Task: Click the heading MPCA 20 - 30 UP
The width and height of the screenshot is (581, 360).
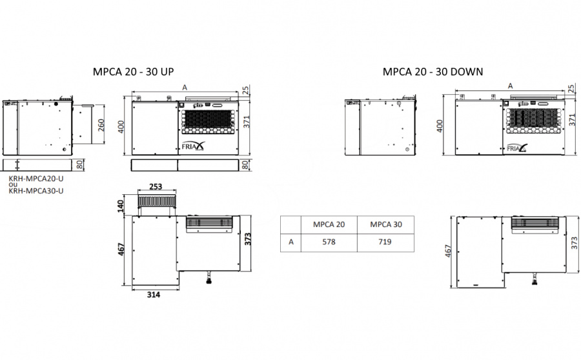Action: click(x=133, y=72)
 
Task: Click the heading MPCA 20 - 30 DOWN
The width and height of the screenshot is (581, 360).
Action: click(x=433, y=72)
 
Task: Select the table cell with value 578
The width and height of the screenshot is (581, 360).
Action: click(x=329, y=242)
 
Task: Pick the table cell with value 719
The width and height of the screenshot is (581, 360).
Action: click(x=385, y=242)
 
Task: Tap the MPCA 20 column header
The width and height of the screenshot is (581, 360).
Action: click(x=329, y=224)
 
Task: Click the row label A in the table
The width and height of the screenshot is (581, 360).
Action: click(x=291, y=242)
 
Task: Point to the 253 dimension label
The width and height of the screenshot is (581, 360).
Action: click(x=156, y=186)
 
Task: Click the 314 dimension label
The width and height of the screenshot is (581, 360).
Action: click(x=154, y=295)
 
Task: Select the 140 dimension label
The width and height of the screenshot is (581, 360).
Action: click(x=121, y=206)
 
